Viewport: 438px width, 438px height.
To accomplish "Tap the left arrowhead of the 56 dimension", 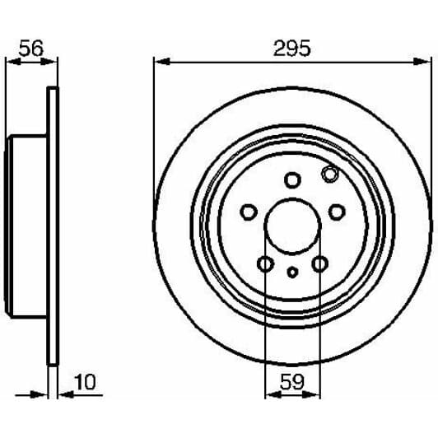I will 11,61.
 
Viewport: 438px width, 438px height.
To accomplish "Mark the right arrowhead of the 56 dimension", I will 54,61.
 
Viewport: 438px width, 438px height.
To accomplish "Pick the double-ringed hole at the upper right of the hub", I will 329,175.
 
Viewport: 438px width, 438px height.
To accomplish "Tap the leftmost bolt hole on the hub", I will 247,212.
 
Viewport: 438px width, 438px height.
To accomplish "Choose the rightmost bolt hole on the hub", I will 336,212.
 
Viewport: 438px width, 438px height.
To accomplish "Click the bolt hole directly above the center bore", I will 291,179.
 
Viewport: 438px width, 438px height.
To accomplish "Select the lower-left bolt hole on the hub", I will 264,264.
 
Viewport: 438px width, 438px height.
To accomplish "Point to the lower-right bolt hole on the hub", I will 319,264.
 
